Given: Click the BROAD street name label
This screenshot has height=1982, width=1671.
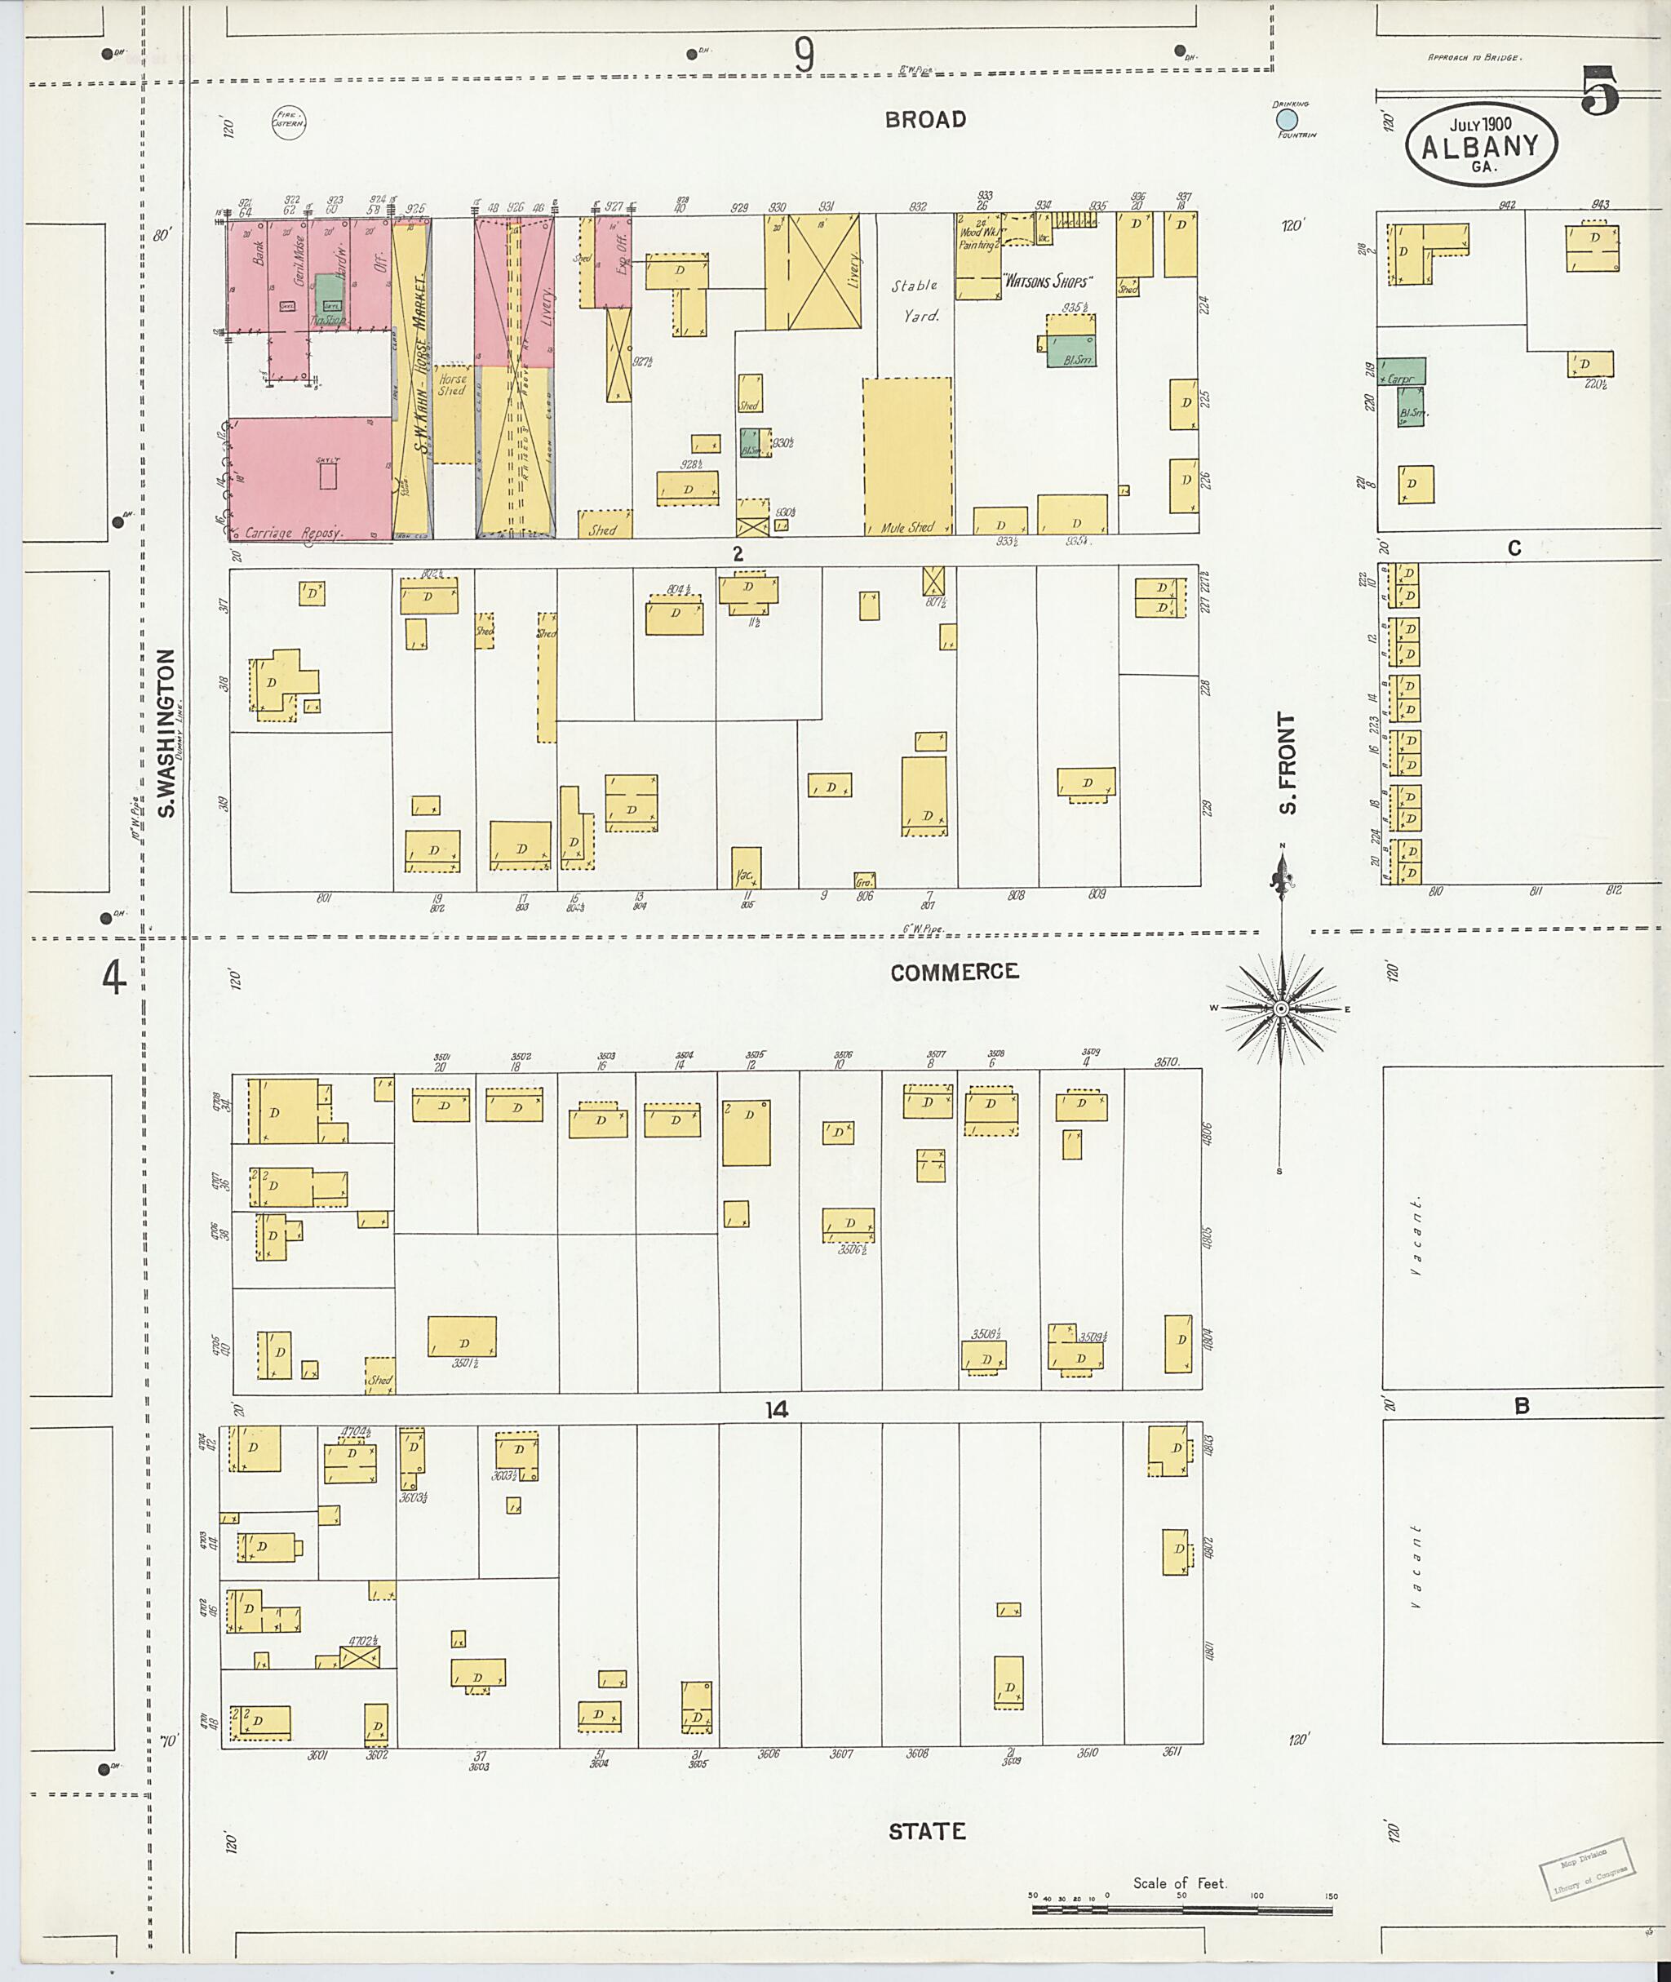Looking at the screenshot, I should point(925,119).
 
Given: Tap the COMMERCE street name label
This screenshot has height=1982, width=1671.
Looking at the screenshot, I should point(954,972).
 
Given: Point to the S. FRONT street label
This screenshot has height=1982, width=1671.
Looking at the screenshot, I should point(1287,764).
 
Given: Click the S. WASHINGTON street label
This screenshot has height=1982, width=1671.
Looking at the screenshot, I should point(166,733).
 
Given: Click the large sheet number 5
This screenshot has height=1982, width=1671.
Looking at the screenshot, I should point(1599,92).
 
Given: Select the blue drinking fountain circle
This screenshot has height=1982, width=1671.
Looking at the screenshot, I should point(1287,119).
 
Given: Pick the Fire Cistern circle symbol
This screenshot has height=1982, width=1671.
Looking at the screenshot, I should point(288,122).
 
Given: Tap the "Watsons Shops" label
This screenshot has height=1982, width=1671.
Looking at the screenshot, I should point(1047,282).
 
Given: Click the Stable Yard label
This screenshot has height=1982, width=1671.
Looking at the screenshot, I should point(915,300).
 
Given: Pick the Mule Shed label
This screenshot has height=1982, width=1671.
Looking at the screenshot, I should point(906,528).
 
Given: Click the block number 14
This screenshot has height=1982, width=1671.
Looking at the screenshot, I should point(776,1411).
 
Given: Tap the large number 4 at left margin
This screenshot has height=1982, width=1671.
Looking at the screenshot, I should point(113,978).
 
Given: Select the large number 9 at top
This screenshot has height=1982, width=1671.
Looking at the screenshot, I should point(804,57).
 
